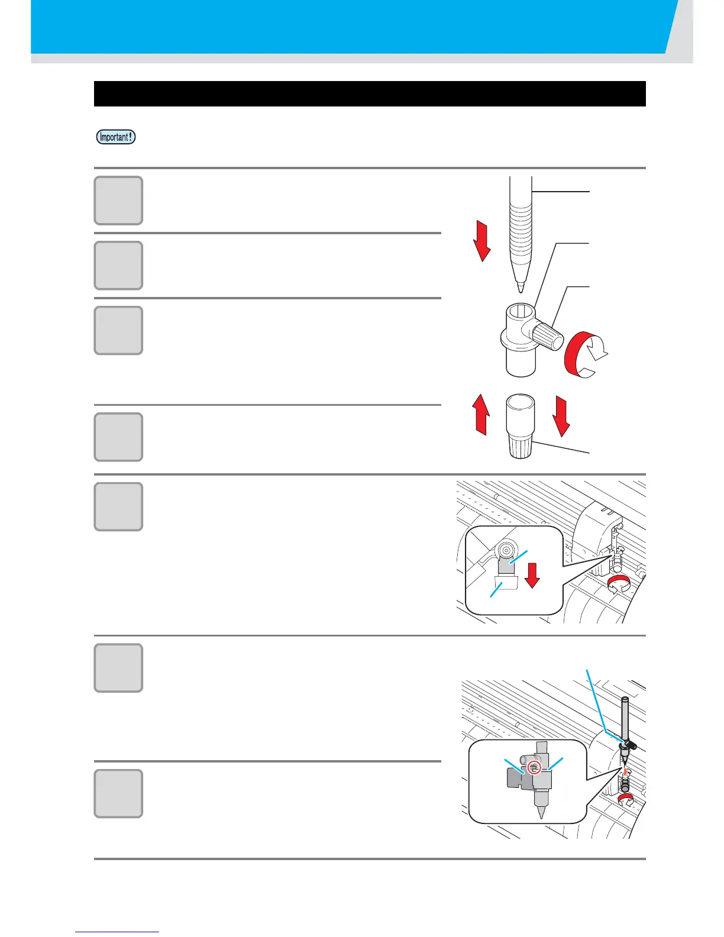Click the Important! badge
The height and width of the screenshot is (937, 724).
[x=116, y=137]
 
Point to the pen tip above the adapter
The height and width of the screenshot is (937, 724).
[x=520, y=287]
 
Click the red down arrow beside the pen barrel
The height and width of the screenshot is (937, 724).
[x=482, y=241]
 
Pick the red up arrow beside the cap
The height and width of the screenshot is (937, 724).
[x=482, y=415]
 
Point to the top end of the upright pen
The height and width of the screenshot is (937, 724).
[x=624, y=700]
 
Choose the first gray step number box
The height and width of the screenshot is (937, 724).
[x=118, y=201]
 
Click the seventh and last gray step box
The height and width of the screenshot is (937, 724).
[x=118, y=793]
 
